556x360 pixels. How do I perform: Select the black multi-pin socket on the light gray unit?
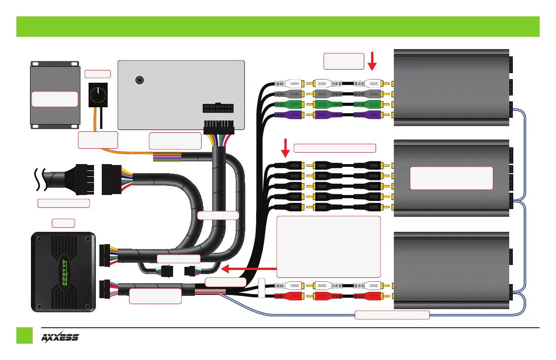coord(218,110)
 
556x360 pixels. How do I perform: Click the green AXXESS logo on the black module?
coord(64,272)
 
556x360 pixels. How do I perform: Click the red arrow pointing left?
coord(248,269)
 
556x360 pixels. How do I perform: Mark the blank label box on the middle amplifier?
coord(451,178)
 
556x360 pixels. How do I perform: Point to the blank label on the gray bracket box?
coord(55,99)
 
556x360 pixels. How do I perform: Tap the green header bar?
coord(278,26)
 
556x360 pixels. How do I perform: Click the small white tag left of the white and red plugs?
coord(261,289)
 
